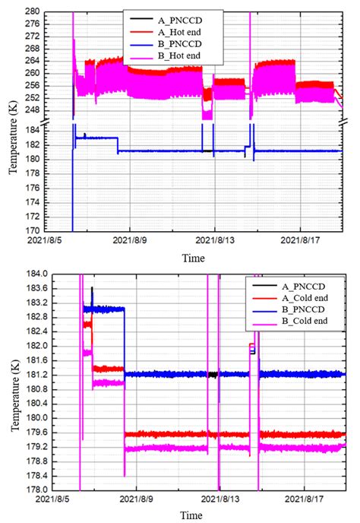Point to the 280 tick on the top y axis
coord(56,12)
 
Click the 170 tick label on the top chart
coord(56,230)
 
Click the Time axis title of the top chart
coord(193,258)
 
